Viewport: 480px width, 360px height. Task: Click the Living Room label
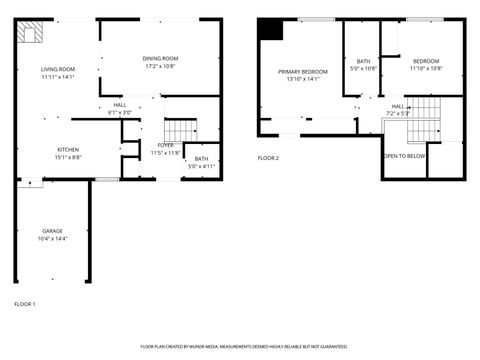coord(57,69)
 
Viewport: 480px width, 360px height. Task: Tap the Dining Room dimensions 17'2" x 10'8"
coord(160,67)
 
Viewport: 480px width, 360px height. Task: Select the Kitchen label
coord(67,150)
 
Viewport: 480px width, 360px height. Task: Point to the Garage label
coord(52,230)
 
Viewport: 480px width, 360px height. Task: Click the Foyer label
coord(165,146)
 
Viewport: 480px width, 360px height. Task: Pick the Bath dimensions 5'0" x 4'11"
coord(202,165)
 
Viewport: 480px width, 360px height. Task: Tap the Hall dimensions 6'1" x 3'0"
coord(120,112)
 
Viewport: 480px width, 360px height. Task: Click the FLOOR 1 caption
coord(25,303)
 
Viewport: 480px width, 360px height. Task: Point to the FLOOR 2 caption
coord(268,157)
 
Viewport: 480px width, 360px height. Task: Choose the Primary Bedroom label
coord(302,71)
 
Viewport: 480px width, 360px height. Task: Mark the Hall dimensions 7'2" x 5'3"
coord(398,112)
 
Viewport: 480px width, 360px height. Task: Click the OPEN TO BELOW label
coord(404,156)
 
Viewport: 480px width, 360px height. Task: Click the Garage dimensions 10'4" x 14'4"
coord(52,237)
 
